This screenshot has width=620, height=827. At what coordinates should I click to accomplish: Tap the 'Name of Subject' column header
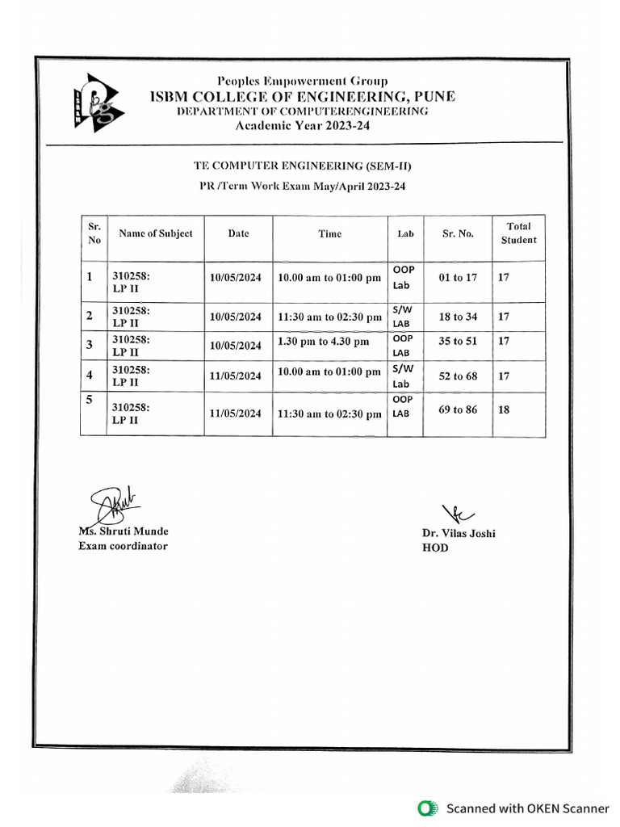pyautogui.click(x=156, y=233)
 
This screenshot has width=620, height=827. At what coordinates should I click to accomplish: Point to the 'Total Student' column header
pyautogui.click(x=518, y=233)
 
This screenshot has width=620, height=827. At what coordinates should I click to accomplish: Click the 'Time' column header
pyautogui.click(x=329, y=234)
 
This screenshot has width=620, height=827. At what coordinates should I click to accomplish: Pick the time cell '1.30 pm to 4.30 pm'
pyautogui.click(x=323, y=342)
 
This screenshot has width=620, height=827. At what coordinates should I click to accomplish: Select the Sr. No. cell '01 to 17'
pyautogui.click(x=458, y=278)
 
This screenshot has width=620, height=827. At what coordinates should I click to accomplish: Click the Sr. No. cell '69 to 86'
pyautogui.click(x=458, y=410)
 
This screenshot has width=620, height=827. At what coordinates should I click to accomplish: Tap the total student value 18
pyautogui.click(x=504, y=410)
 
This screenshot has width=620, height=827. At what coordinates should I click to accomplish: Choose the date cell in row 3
pyautogui.click(x=236, y=346)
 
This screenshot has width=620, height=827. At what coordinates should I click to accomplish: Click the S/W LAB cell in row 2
pyautogui.click(x=401, y=317)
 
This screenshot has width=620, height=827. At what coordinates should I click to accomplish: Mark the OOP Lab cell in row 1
pyautogui.click(x=402, y=277)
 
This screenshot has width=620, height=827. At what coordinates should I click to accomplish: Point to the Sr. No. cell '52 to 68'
pyautogui.click(x=458, y=376)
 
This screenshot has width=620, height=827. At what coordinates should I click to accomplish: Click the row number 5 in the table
pyautogui.click(x=90, y=400)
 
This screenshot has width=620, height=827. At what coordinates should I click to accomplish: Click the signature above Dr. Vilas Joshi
pyautogui.click(x=458, y=512)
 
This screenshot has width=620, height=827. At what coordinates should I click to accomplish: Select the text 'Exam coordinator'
pyautogui.click(x=123, y=546)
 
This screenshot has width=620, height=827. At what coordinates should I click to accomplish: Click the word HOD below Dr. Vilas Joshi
pyautogui.click(x=434, y=548)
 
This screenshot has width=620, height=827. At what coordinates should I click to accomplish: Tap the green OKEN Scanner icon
pyautogui.click(x=425, y=808)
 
